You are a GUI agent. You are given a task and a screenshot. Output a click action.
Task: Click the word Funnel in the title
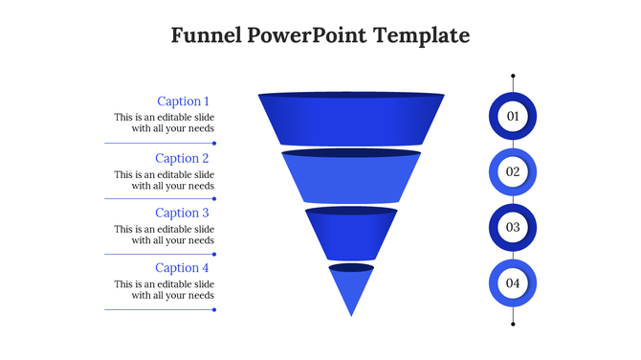click(204, 36)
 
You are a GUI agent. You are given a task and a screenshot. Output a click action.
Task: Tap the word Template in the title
click(422, 36)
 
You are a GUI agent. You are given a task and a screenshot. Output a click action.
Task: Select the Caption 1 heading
click(183, 101)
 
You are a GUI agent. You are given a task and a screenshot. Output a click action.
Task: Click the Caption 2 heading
click(183, 158)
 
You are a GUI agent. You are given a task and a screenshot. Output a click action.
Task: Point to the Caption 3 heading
click(183, 213)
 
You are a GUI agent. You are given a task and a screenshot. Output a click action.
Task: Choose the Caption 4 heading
click(183, 268)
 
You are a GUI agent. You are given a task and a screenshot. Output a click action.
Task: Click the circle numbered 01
click(513, 117)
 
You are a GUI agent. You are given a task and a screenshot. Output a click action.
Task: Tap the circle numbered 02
click(513, 172)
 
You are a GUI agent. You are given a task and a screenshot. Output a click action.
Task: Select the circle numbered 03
click(513, 228)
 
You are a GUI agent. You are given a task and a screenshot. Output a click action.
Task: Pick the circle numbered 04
click(513, 283)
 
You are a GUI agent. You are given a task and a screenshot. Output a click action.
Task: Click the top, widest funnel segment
click(351, 120)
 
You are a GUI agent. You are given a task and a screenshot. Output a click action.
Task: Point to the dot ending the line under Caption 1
click(214, 144)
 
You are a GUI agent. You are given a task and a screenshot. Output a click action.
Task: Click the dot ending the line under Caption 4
click(214, 309)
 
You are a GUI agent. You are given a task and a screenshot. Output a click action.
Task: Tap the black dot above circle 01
click(513, 76)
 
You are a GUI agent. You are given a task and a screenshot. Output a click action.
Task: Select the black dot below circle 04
click(513, 325)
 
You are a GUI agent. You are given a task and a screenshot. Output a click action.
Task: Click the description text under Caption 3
click(165, 235)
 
